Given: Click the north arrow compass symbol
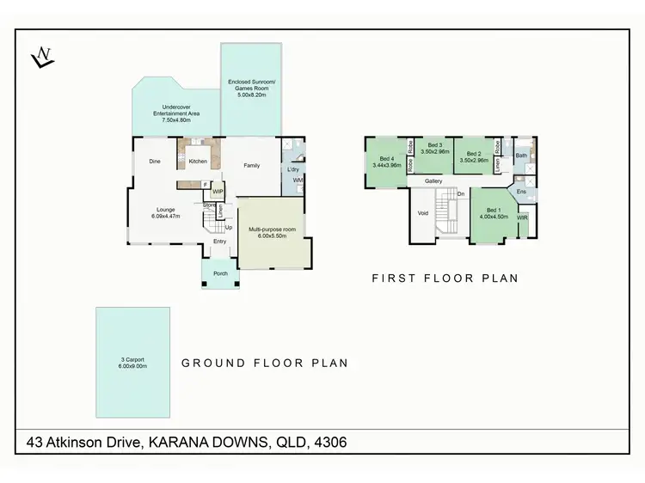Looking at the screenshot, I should point(41,58).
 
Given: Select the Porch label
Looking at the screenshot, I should point(220,273).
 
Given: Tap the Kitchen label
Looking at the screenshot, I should point(199,162).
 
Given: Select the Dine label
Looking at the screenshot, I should point(155,162).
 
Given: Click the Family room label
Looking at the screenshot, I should point(251,165).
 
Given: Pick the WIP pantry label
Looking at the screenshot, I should point(218,191).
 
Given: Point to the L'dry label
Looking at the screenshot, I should point(292,169).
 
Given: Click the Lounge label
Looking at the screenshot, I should point(166,212).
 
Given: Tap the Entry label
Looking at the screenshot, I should point(220,241).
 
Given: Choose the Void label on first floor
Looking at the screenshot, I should point(422,213).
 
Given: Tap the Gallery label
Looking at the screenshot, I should point(433,182).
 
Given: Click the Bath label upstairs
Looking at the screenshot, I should point(521,156).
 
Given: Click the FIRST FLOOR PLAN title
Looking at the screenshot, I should point(445,278).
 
